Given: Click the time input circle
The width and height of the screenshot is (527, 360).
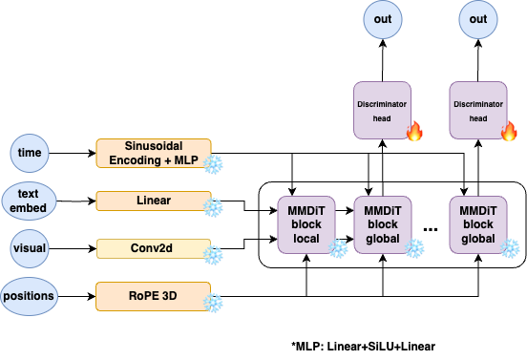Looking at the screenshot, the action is tap(30, 154).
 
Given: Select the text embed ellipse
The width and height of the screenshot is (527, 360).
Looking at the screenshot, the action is tap(29, 201).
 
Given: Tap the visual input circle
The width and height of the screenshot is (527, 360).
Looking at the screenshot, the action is tap(30, 248).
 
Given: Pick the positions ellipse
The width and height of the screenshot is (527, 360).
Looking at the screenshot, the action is tap(29, 296).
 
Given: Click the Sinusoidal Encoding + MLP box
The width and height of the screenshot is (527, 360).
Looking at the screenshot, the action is tap(154, 154).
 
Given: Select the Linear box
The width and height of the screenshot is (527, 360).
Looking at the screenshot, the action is tap(154, 201).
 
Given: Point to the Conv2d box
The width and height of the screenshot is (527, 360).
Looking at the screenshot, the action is tap(154, 248).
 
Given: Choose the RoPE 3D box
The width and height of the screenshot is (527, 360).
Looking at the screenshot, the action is tap(154, 296).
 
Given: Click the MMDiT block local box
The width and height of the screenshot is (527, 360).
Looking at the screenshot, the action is tap(306, 224).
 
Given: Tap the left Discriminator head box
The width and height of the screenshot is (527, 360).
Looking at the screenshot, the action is tap(382, 110).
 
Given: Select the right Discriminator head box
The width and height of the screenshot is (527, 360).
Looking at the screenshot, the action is tap(478, 110).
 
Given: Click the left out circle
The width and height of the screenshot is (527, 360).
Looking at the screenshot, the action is tap(383, 19).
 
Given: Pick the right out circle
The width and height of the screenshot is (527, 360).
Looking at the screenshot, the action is tap(478, 19).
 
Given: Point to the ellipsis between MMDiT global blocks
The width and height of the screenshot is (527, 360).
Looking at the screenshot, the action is tap(431, 229).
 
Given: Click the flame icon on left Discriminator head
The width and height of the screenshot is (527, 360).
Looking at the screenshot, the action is tap(414, 131).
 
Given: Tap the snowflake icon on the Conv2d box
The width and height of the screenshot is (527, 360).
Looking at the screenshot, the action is tap(213, 255).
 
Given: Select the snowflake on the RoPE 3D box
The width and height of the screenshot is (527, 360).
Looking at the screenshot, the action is tap(213, 303).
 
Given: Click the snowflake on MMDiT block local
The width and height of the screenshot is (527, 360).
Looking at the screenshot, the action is tap(338, 248).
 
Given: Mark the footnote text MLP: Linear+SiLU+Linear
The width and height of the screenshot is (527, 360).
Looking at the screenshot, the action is tap(364, 347).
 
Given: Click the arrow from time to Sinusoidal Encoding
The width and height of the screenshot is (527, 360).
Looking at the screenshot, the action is tap(73, 154).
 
